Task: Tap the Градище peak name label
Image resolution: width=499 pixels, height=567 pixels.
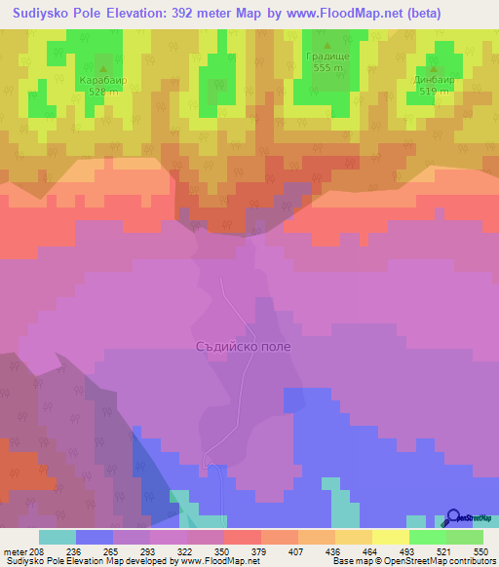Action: click(x=326, y=57)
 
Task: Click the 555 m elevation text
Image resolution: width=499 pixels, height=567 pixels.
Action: click(x=327, y=69)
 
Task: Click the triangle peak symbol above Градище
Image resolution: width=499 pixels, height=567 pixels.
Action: click(x=327, y=44)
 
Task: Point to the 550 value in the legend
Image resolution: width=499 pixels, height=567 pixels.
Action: click(x=480, y=551)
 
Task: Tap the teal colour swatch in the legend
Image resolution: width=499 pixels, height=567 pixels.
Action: click(x=58, y=537)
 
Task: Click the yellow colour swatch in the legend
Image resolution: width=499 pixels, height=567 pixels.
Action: click(x=390, y=537)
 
